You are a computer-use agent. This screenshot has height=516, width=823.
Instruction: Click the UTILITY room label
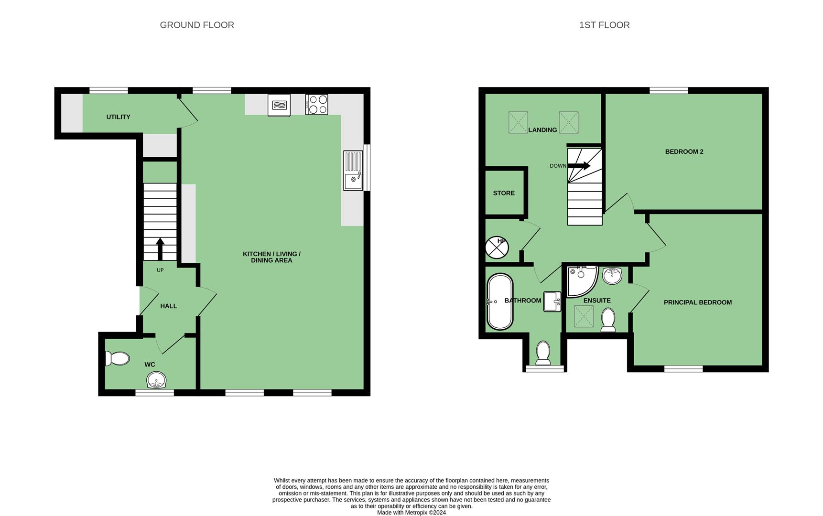(118, 117)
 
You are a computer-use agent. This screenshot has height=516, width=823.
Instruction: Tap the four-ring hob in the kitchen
(316, 105)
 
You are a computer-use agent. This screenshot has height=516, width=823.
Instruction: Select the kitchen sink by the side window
(353, 171)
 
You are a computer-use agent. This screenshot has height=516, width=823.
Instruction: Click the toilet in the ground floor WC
(117, 358)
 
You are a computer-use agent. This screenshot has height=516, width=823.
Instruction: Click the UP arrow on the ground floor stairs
(160, 249)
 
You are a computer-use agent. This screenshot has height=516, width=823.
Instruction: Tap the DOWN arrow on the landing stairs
(579, 166)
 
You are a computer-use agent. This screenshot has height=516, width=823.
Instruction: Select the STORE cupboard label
(504, 193)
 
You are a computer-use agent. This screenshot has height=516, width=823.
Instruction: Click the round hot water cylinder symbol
(497, 248)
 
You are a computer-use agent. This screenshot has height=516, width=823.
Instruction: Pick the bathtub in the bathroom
(500, 301)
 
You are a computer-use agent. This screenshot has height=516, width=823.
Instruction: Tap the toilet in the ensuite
(608, 320)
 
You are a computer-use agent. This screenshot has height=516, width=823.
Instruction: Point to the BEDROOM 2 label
(684, 152)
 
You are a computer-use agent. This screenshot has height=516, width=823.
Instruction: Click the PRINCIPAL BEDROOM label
(697, 302)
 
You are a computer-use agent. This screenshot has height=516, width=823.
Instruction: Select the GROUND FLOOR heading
(197, 25)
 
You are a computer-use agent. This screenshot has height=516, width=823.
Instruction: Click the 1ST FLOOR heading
(604, 25)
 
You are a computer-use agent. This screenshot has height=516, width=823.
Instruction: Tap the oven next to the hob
(279, 105)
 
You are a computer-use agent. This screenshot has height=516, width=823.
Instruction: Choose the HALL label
(169, 306)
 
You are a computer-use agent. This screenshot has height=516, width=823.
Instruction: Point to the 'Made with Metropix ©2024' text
(411, 513)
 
